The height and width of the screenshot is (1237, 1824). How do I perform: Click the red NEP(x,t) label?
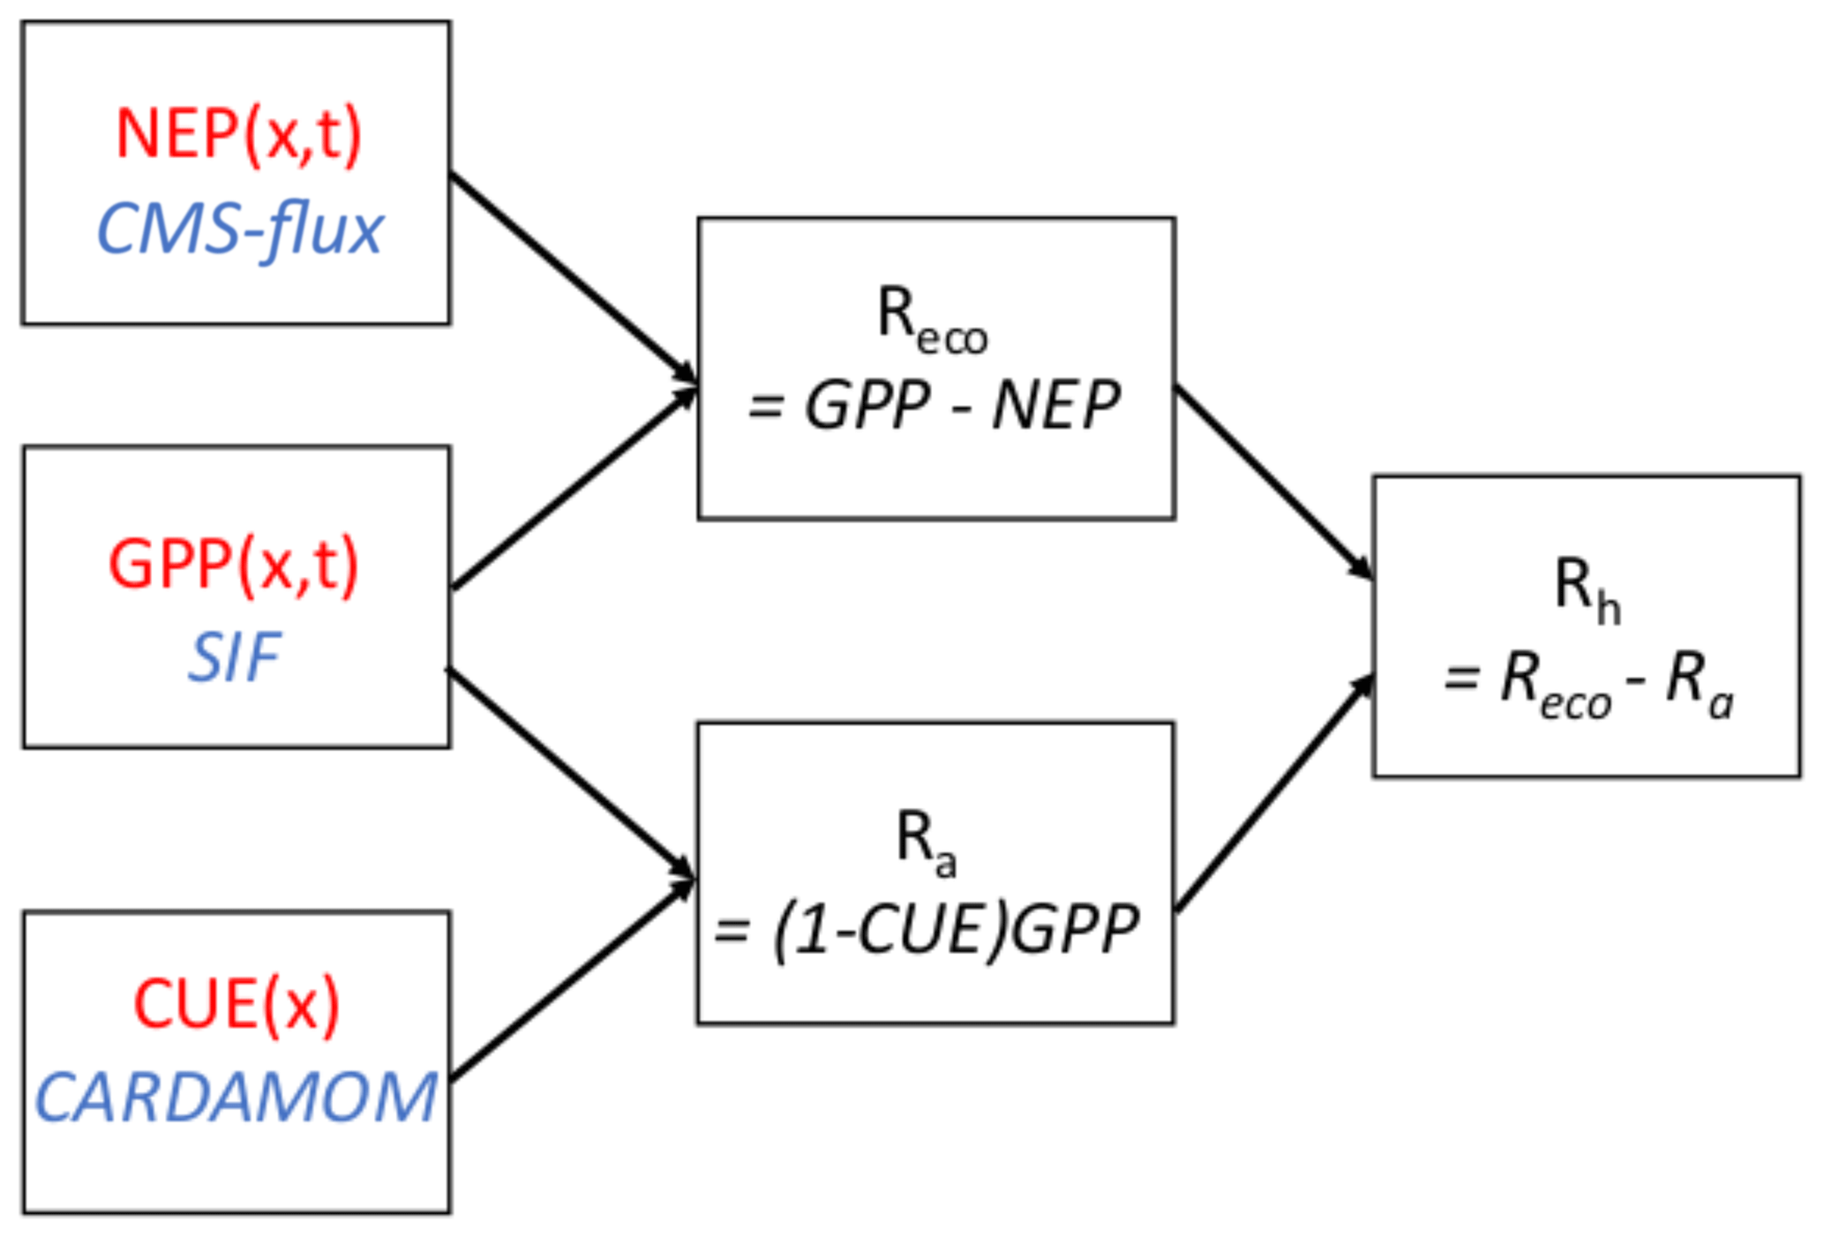click(238, 134)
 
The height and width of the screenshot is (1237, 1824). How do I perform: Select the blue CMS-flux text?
click(238, 229)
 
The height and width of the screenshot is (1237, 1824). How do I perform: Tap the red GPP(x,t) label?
click(234, 565)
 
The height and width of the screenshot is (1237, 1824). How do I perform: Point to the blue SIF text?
click(235, 657)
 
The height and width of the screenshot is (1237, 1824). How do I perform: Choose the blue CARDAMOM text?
click(236, 1098)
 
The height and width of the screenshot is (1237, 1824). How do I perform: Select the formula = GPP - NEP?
click(934, 406)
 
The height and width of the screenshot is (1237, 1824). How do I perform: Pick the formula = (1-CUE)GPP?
click(927, 931)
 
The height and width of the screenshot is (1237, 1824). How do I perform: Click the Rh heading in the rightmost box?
click(1586, 589)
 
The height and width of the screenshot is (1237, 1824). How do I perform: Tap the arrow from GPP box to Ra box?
click(572, 774)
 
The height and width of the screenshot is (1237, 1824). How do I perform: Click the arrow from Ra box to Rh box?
click(1274, 791)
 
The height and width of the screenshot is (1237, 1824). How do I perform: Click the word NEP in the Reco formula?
click(1055, 406)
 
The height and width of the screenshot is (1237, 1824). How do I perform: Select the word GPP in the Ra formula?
click(1075, 931)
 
